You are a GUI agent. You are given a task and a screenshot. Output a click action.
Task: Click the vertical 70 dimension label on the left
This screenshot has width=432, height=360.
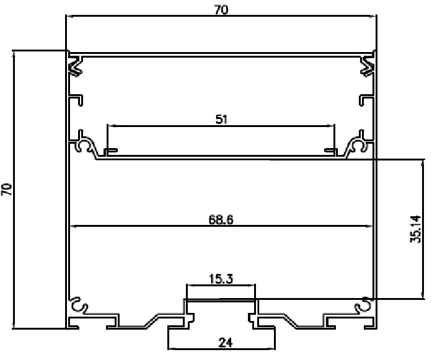(x=7, y=190)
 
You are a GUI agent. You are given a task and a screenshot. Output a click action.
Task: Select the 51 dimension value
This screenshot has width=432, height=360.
(x=221, y=120)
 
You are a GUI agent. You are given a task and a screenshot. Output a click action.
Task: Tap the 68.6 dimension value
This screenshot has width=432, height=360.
(x=221, y=219)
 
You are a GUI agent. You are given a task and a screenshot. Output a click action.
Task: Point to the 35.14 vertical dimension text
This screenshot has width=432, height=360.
(x=416, y=228)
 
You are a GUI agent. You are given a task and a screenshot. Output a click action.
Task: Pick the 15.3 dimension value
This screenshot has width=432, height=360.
(x=220, y=279)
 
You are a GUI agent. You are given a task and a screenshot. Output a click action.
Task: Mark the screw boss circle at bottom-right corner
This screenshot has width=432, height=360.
(x=363, y=305)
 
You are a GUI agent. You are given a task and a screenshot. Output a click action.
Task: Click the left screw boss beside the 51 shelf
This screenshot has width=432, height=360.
(x=84, y=146)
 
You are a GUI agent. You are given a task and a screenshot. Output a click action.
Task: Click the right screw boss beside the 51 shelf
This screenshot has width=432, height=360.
(x=358, y=146)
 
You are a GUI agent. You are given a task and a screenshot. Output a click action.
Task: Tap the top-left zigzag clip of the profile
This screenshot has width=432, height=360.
(x=76, y=66)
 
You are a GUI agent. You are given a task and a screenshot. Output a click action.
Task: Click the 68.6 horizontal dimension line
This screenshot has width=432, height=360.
(x=155, y=226)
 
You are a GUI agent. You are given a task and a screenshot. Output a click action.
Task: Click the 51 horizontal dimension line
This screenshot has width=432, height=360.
(x=161, y=126)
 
